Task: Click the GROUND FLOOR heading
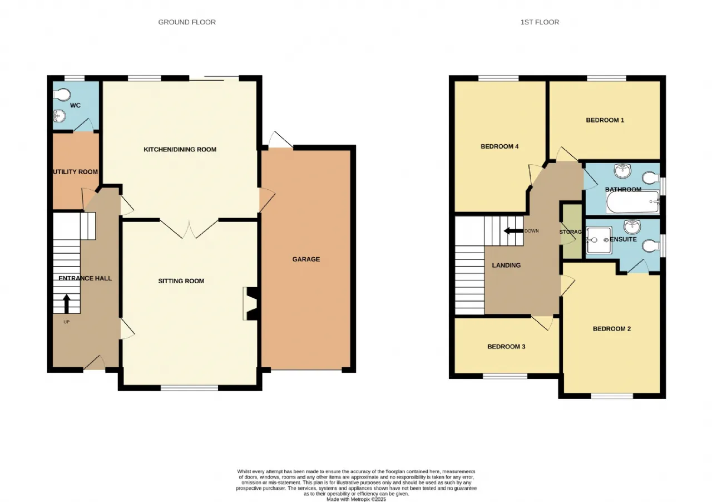coord(187,22)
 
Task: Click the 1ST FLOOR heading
coord(540,22)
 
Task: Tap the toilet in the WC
coord(62,94)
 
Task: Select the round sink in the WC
coord(59,116)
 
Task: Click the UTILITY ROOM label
coord(75,172)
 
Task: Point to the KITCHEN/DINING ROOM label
coord(180,150)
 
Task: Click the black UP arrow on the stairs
coord(66,304)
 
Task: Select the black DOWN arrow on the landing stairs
coord(513,230)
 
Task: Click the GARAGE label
coord(306,259)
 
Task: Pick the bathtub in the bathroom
coord(632,202)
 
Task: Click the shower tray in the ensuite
coord(599,240)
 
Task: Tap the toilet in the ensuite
coord(650,245)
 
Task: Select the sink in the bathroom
coord(622,171)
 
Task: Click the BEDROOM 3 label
coord(506,346)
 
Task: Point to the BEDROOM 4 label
coord(500,146)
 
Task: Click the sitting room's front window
coord(190,388)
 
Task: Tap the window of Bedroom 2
coord(612,396)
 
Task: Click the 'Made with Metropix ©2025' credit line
coord(357,499)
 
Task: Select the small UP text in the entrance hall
coord(66,322)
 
